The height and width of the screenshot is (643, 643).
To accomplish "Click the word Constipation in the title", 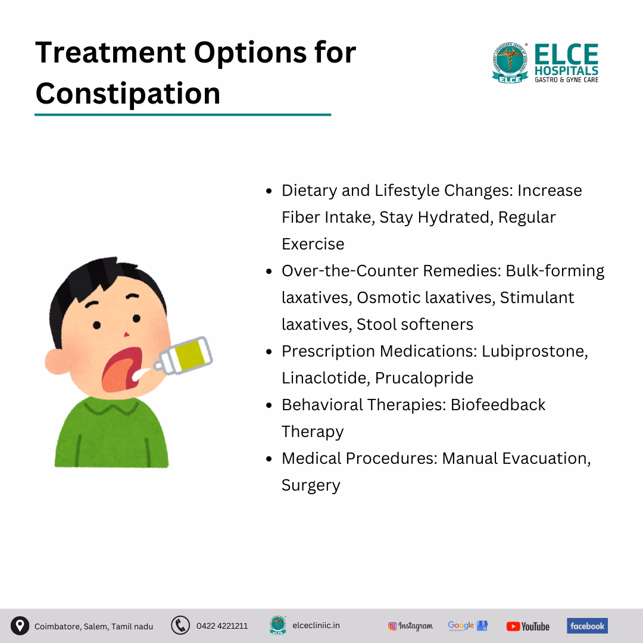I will click(127, 93).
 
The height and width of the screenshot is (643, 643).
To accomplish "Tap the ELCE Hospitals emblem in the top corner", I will click(510, 63).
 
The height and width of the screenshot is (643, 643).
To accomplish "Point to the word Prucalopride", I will click(424, 378).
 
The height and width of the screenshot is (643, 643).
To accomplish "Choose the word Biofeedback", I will click(498, 405).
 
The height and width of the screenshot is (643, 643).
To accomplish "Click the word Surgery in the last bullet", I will click(311, 485).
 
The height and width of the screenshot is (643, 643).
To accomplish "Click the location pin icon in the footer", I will click(20, 626).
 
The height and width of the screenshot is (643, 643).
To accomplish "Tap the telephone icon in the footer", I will click(180, 626).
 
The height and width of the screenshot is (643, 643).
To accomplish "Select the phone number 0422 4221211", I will click(222, 626).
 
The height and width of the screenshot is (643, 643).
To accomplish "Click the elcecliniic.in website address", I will click(316, 626).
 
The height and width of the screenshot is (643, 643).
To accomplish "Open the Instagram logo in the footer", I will click(410, 626).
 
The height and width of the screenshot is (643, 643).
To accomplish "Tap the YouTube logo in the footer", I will click(528, 626).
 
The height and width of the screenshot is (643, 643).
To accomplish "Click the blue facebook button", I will click(587, 626).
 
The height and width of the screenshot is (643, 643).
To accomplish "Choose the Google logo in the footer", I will click(467, 626).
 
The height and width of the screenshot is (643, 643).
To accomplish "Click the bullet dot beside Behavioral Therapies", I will click(269, 405).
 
